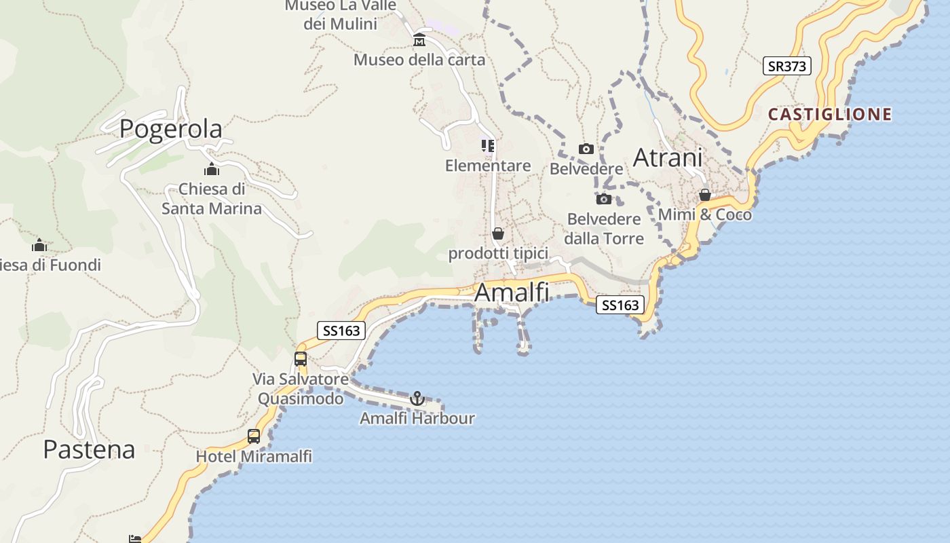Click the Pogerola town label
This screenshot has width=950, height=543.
[x=170, y=129]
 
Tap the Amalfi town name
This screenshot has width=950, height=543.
[x=512, y=293]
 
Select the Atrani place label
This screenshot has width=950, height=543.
[x=667, y=157]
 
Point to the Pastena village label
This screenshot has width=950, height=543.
[x=89, y=449]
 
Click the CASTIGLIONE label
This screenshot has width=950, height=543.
[x=829, y=114]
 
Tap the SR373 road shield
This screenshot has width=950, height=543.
[x=786, y=66]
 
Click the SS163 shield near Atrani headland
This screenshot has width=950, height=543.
[x=620, y=305]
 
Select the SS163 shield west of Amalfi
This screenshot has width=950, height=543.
[x=342, y=331]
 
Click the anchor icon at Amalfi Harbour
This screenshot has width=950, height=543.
[x=417, y=398]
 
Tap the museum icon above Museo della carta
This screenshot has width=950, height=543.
[x=419, y=41]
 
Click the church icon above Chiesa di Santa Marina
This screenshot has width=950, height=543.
[x=212, y=169]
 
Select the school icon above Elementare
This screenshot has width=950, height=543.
[x=488, y=146]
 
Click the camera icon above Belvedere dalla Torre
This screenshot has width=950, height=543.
[x=603, y=200]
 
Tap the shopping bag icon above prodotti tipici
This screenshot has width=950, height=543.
[x=498, y=234]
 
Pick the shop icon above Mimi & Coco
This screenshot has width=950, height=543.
[x=705, y=195]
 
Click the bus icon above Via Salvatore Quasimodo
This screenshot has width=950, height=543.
[x=301, y=359]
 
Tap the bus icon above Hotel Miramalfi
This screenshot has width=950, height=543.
[x=254, y=436]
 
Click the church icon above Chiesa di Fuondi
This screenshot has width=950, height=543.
[x=39, y=245]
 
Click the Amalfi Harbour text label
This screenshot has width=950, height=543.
[x=417, y=418]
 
